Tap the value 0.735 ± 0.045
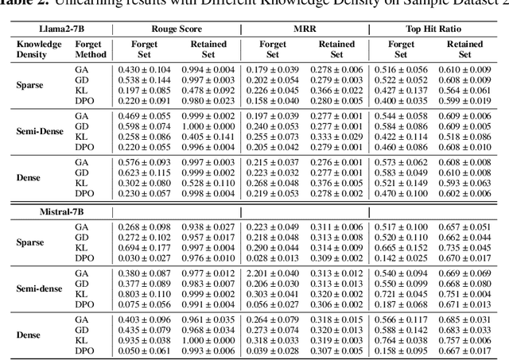464,248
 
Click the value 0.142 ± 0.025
396,258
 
